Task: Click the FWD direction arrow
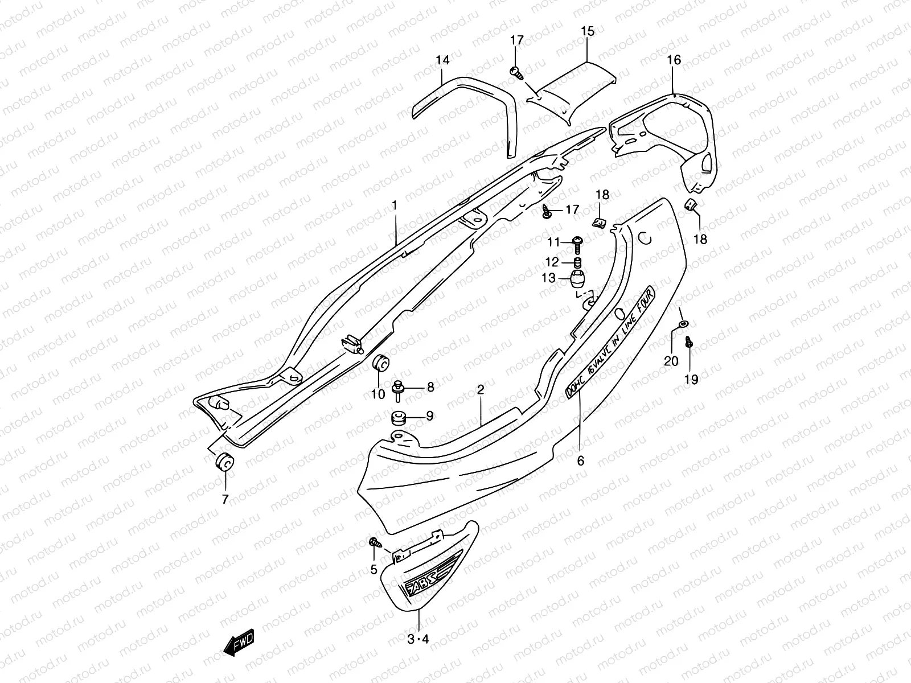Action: (x=240, y=645)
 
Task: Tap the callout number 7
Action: (x=225, y=500)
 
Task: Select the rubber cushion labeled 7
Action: (x=223, y=462)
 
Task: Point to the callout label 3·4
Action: (x=418, y=639)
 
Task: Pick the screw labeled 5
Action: (x=375, y=542)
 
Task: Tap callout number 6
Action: (x=580, y=461)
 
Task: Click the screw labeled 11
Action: (x=578, y=242)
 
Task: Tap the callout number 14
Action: (x=442, y=60)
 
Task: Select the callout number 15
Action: (x=588, y=31)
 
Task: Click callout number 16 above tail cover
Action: (x=674, y=60)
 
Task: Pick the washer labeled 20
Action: (x=682, y=324)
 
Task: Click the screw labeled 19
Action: (x=690, y=343)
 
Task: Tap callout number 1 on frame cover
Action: (x=394, y=205)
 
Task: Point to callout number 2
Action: (x=481, y=390)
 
